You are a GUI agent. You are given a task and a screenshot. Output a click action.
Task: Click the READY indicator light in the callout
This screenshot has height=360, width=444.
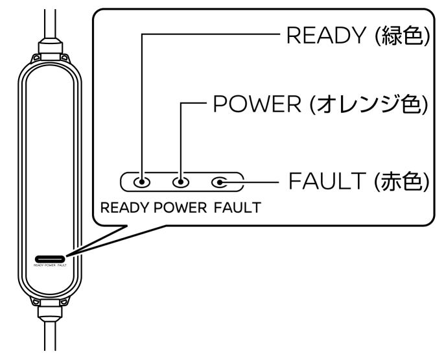click(141, 182)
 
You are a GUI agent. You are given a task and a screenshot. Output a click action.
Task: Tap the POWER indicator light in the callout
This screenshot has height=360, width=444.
click(181, 182)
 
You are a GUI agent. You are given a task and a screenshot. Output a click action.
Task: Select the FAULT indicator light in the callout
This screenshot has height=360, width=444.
click(222, 182)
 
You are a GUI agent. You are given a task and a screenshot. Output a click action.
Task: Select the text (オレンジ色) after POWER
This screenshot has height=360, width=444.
click(382, 104)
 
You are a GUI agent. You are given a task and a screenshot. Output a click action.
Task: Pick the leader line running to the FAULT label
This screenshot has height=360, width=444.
click(259, 182)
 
